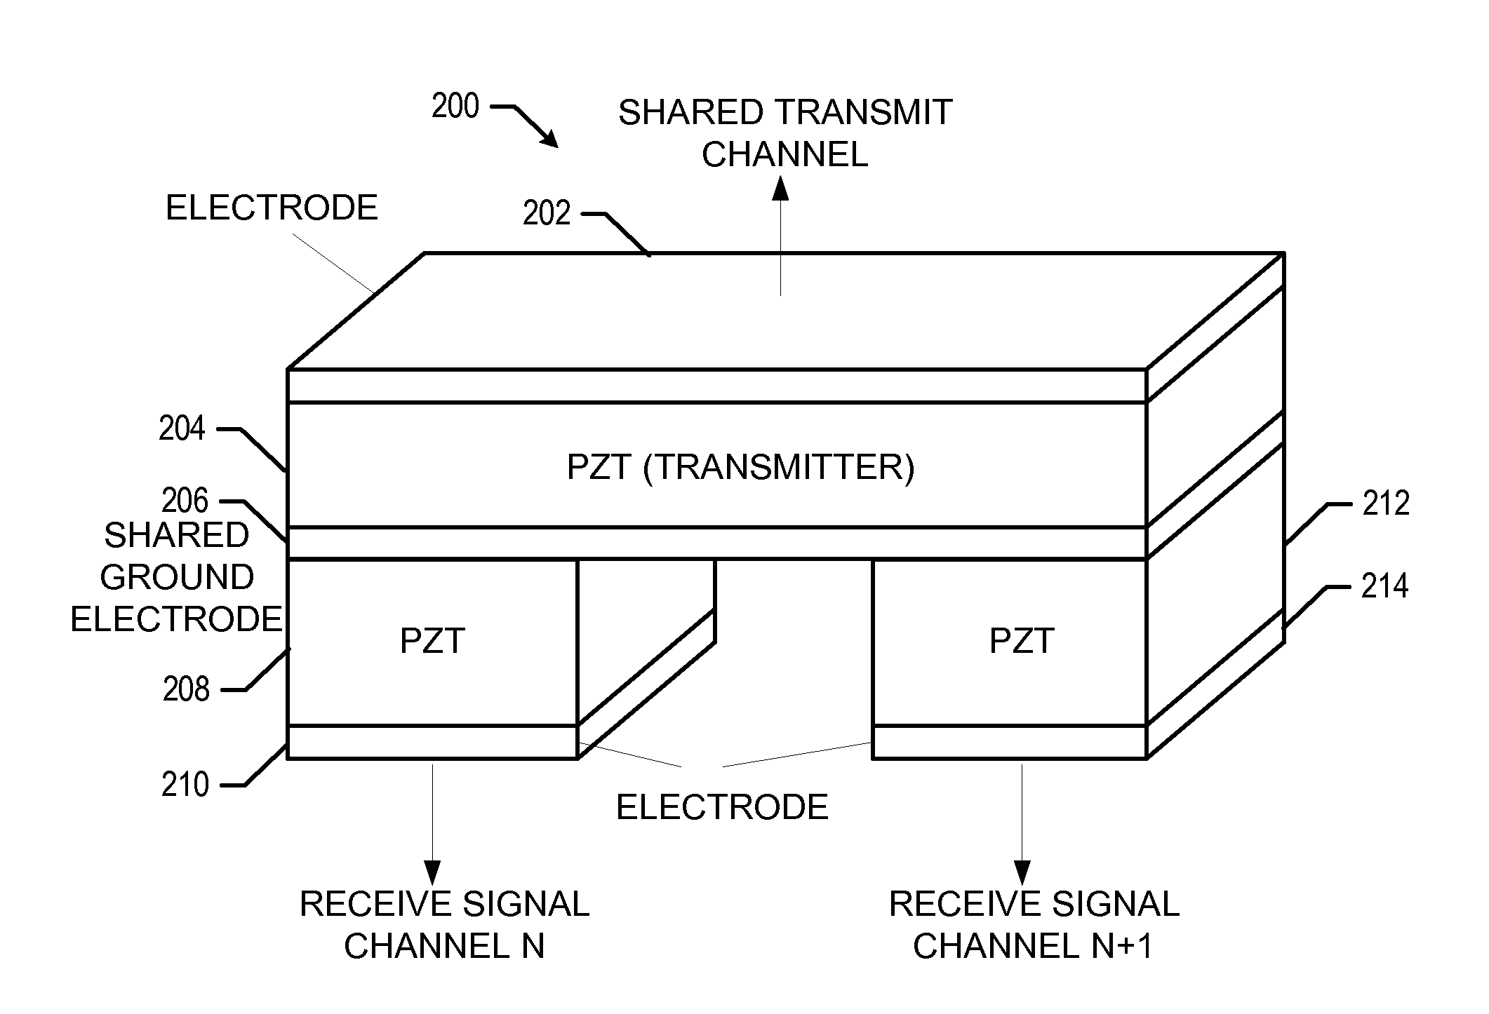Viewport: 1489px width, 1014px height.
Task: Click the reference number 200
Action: [x=455, y=107]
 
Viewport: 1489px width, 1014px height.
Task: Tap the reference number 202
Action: [x=547, y=213]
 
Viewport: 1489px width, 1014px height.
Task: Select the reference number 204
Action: [x=182, y=428]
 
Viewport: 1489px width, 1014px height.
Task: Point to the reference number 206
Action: [x=185, y=501]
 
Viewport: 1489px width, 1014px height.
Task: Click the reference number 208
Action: [x=186, y=689]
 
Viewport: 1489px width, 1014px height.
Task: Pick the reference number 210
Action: [x=185, y=785]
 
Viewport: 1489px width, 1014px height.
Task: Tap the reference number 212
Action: [x=1386, y=503]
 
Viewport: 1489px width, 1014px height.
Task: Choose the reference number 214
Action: [x=1384, y=586]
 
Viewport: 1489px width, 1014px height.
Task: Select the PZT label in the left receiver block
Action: [x=432, y=641]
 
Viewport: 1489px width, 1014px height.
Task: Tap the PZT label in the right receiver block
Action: [x=1021, y=641]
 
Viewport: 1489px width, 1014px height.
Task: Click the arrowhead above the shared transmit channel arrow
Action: [x=780, y=189]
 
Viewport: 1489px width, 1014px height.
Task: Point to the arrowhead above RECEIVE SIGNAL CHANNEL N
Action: [x=433, y=872]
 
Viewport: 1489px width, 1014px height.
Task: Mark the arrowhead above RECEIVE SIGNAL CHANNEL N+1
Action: [x=1022, y=872]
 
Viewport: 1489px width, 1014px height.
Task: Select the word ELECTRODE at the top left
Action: [x=272, y=208]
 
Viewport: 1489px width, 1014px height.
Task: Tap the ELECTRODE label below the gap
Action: [x=722, y=807]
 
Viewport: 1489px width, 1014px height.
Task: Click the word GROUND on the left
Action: [x=177, y=577]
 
